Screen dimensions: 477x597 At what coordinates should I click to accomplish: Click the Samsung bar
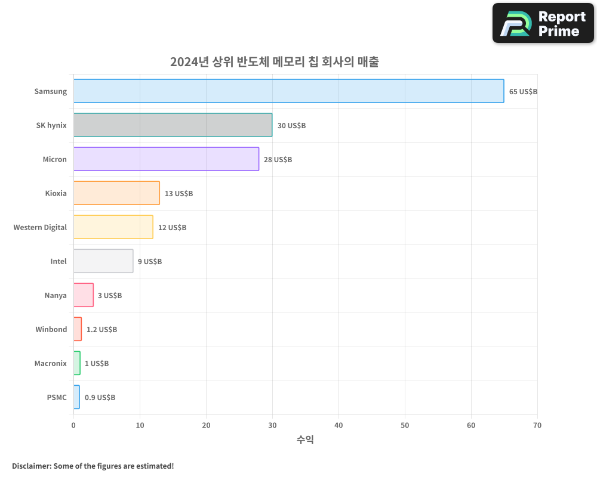(x=288, y=91)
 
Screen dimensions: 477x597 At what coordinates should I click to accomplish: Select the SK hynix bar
(x=173, y=125)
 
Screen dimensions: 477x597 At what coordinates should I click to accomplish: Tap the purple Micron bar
(x=166, y=159)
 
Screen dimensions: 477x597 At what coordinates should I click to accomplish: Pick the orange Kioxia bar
(x=116, y=193)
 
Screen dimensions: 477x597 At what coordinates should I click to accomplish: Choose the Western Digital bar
(x=113, y=227)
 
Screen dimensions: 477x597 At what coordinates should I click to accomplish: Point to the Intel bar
(x=103, y=261)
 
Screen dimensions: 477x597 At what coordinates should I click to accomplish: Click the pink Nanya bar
(x=84, y=295)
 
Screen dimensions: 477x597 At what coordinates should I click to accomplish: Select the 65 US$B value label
(x=523, y=92)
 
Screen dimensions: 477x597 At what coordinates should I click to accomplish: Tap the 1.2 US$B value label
(x=101, y=330)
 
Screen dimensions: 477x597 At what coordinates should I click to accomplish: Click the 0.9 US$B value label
(x=100, y=398)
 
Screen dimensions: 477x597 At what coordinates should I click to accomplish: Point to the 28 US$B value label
(x=278, y=160)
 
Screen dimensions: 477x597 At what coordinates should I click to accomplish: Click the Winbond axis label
(x=51, y=330)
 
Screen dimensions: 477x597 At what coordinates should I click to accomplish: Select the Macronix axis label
(x=51, y=364)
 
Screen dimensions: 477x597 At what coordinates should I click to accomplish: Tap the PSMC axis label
(x=57, y=398)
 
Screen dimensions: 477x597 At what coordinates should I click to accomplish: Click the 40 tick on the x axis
(x=338, y=426)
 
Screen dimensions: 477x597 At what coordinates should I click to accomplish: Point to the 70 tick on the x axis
(x=537, y=426)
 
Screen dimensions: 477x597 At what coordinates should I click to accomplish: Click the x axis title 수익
(x=305, y=440)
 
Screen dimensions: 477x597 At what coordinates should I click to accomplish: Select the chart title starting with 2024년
(x=274, y=62)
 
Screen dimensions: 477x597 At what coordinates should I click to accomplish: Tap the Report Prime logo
(x=543, y=23)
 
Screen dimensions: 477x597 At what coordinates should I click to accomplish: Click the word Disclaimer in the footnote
(x=31, y=466)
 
